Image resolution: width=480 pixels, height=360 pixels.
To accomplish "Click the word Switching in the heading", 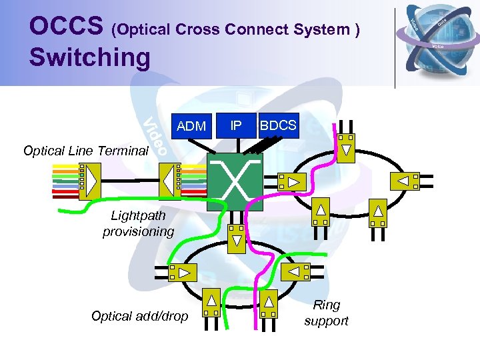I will (90, 57).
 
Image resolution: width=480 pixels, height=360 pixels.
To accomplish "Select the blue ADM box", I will (191, 125).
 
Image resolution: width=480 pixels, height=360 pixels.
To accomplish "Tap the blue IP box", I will (235, 125).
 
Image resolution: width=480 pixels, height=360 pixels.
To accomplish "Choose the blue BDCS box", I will (278, 125).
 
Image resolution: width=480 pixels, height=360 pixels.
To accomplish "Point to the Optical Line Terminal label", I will (85, 151).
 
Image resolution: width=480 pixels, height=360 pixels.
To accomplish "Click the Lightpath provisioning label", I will (138, 223).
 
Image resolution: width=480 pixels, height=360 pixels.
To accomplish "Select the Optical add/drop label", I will (139, 316).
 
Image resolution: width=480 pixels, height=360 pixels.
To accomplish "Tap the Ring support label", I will (326, 313).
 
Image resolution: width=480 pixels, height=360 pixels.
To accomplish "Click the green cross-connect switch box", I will (235, 182).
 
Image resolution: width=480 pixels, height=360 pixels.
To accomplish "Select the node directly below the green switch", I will (237, 238).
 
